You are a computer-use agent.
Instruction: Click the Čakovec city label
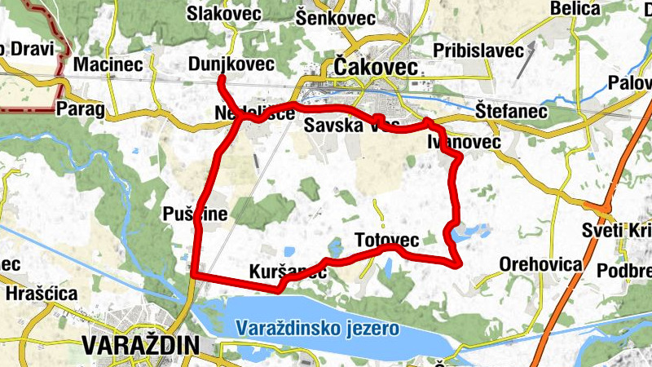[x=376, y=65]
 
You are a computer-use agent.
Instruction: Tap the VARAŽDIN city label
[x=141, y=345]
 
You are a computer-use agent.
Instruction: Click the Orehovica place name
[x=541, y=264]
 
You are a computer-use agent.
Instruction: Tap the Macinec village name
[x=108, y=64]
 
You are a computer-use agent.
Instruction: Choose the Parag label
[x=81, y=108]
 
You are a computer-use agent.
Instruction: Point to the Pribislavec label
[x=479, y=51]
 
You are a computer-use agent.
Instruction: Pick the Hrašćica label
[x=41, y=293]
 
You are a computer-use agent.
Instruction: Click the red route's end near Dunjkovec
[x=221, y=78]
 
